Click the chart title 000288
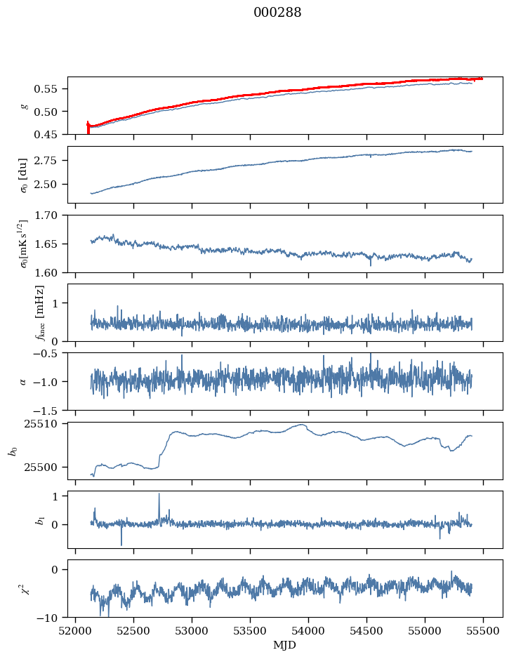[x=277, y=13]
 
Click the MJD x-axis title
[x=284, y=644]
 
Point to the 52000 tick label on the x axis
[x=77, y=630]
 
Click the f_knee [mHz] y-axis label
[x=40, y=312]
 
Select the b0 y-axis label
[x=13, y=451]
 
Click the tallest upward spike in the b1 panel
[x=159, y=494]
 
